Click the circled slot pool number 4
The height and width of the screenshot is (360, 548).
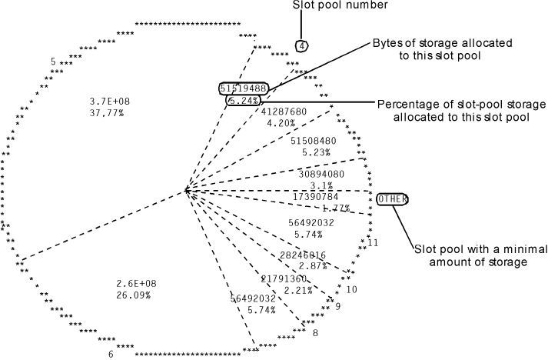click(x=302, y=46)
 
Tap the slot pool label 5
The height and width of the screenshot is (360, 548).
click(x=53, y=61)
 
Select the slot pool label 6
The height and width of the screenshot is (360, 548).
click(x=111, y=354)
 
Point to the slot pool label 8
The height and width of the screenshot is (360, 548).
click(x=315, y=332)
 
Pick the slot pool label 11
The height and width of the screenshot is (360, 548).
click(x=374, y=243)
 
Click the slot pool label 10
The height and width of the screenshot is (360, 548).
click(x=352, y=289)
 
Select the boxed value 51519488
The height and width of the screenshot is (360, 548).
click(x=243, y=88)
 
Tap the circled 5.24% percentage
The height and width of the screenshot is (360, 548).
click(x=244, y=100)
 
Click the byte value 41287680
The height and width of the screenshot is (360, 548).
click(x=284, y=112)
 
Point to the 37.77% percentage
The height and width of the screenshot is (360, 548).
click(x=108, y=112)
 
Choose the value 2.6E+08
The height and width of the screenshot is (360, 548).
click(x=134, y=283)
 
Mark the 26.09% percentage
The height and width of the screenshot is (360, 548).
click(x=134, y=295)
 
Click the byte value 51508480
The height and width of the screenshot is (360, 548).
click(x=315, y=141)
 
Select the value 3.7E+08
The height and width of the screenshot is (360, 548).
click(x=110, y=101)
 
